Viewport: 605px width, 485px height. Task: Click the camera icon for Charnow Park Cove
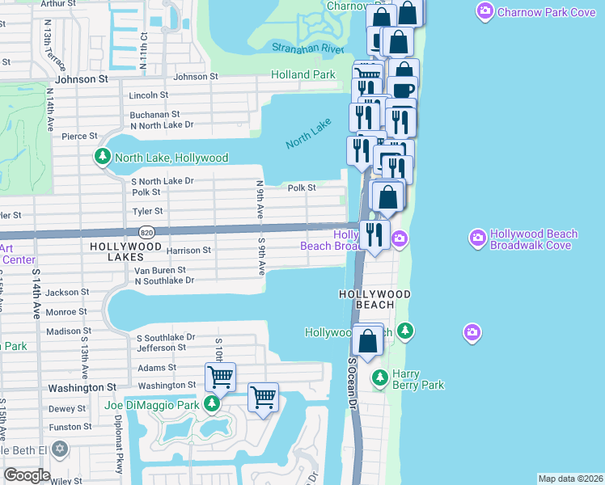pos(485,11)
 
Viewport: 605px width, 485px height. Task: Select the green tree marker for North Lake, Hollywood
pos(103,157)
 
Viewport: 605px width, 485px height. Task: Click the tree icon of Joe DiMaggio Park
pos(211,403)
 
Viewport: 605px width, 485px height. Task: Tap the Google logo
pos(26,474)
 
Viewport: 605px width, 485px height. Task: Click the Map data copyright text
pos(570,479)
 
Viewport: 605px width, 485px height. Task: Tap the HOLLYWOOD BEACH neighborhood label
pos(374,299)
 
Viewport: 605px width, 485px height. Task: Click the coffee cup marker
pos(402,91)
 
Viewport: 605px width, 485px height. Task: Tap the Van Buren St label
pos(159,270)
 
